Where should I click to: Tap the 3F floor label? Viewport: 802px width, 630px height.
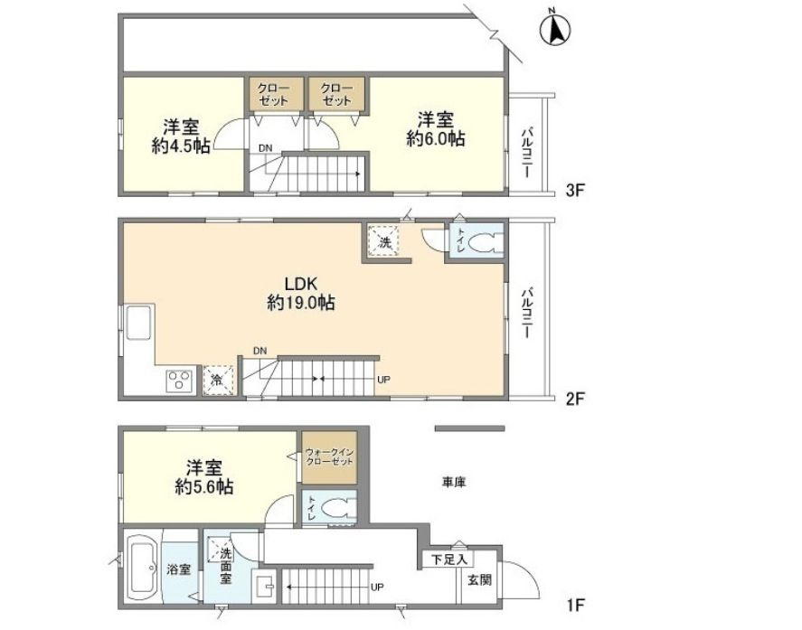click(574, 191)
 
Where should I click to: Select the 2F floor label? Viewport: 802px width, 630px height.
click(574, 399)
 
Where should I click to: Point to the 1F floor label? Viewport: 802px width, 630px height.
click(574, 606)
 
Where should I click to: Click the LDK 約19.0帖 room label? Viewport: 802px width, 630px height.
click(301, 293)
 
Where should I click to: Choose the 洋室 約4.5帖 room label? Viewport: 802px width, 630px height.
click(181, 136)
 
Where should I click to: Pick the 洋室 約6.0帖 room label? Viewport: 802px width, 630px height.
click(436, 129)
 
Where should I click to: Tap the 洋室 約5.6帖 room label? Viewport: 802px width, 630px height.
click(204, 476)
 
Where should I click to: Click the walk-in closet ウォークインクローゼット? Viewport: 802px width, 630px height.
click(329, 457)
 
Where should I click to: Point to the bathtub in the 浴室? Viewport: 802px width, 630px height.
click(143, 568)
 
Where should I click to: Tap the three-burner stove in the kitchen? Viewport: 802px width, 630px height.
click(180, 381)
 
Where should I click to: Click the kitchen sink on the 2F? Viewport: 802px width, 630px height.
click(138, 322)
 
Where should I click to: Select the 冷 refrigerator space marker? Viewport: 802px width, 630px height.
click(219, 381)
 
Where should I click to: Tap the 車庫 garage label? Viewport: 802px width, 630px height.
click(453, 482)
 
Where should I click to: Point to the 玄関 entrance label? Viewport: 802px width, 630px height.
click(480, 580)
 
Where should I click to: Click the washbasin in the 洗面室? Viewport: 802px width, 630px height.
click(263, 586)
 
